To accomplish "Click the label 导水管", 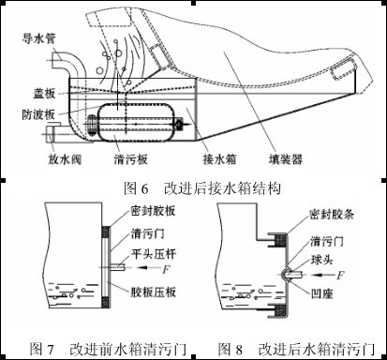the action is tap(38, 38).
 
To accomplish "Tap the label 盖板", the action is tap(44, 93).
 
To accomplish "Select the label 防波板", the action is tap(38, 114).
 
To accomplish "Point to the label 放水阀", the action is tap(65, 159).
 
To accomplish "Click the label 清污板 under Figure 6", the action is tap(130, 159).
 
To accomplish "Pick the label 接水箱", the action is tap(219, 159).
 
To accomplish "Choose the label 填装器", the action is tap(286, 159).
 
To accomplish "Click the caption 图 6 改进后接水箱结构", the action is tap(202, 188).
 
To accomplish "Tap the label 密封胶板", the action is tap(154, 211).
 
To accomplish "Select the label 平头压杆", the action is tap(154, 254).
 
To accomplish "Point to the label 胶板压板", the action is tap(154, 292).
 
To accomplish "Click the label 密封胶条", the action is tap(332, 215).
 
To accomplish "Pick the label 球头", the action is tap(322, 260).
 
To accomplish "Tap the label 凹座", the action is tap(322, 293).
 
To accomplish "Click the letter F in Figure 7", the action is tap(166, 269).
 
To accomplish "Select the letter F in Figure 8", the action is tap(340, 276).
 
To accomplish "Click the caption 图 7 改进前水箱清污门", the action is tap(108, 349).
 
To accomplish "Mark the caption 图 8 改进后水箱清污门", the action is tap(297, 349).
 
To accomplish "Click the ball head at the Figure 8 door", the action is tap(287, 274).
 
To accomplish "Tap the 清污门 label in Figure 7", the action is tap(148, 233).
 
